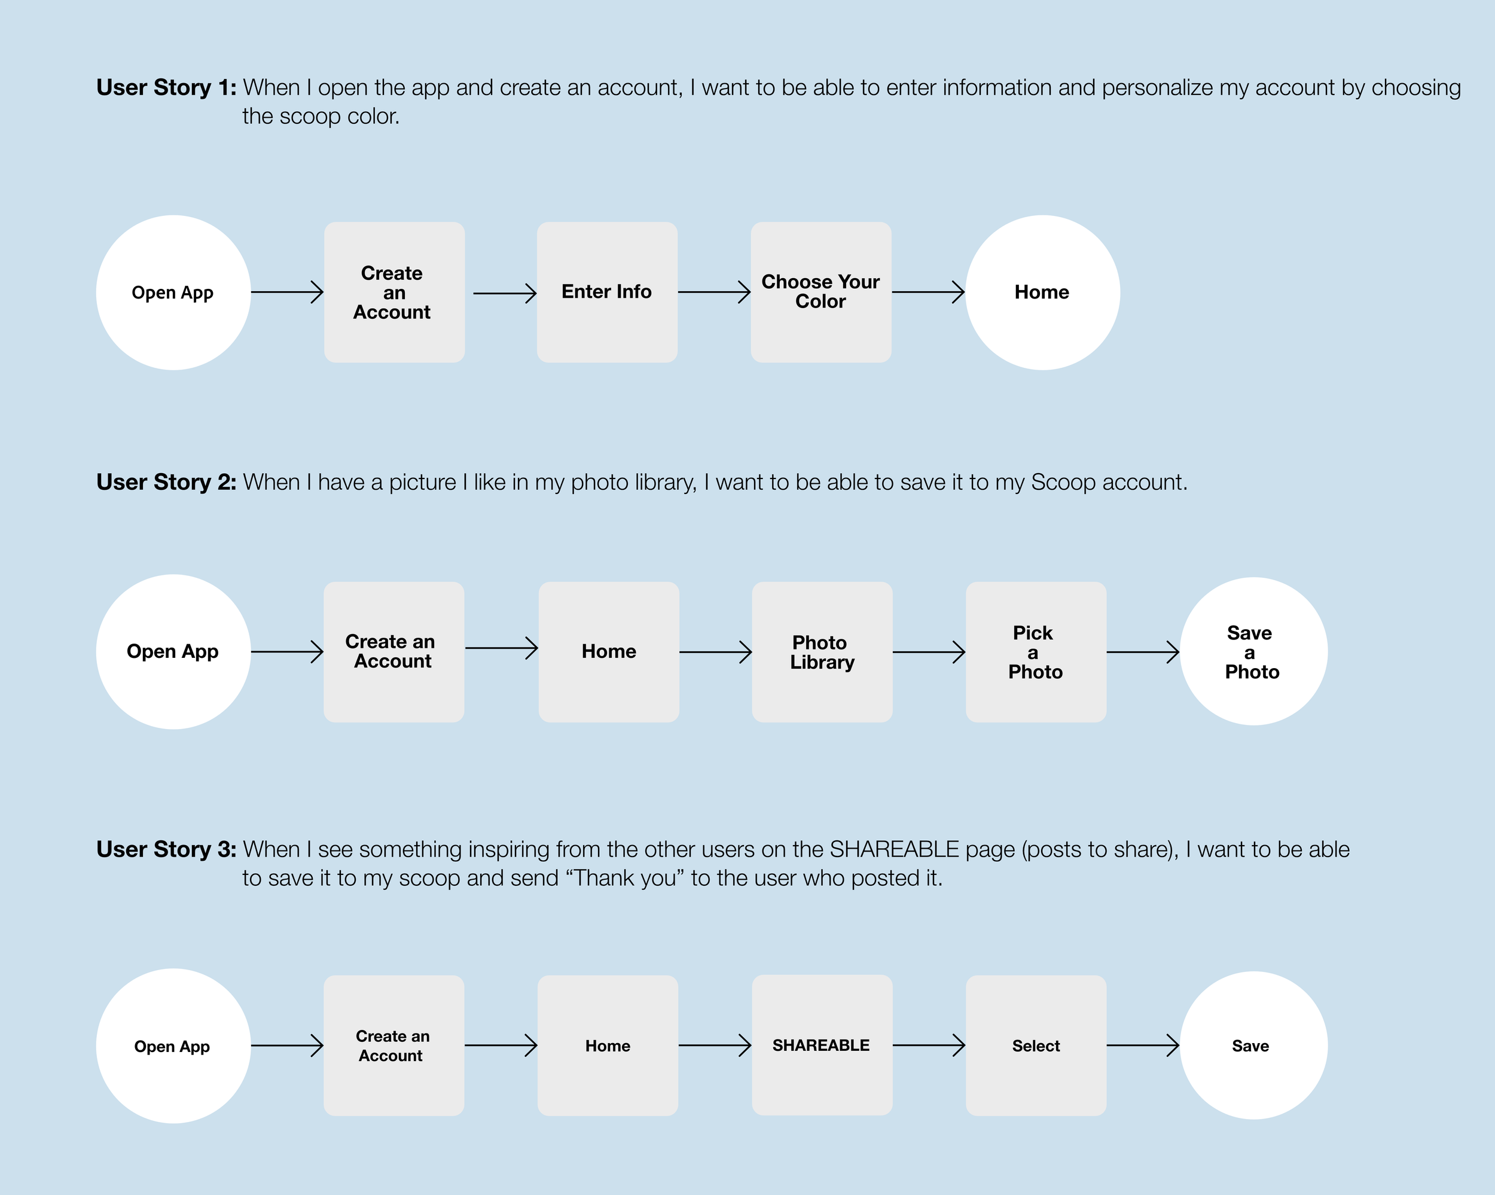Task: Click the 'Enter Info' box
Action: (x=607, y=292)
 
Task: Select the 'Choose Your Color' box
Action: (x=820, y=292)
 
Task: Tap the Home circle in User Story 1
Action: (x=1042, y=292)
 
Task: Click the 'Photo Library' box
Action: (x=822, y=652)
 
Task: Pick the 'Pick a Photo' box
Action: (x=1035, y=652)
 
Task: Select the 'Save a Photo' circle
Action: (x=1253, y=651)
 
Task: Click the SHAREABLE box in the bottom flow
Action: (x=822, y=1045)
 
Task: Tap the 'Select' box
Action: (x=1035, y=1046)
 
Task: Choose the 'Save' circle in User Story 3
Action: (x=1253, y=1045)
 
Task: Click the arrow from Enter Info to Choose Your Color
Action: (x=714, y=292)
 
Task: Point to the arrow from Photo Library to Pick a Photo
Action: (x=929, y=652)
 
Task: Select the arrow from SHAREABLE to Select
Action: (x=929, y=1045)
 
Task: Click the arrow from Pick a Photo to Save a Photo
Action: (x=1142, y=652)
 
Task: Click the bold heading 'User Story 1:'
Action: (x=166, y=87)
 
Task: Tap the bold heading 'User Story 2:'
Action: (x=166, y=482)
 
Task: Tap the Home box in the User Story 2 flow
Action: (x=608, y=652)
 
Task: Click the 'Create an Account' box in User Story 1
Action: (x=394, y=292)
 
